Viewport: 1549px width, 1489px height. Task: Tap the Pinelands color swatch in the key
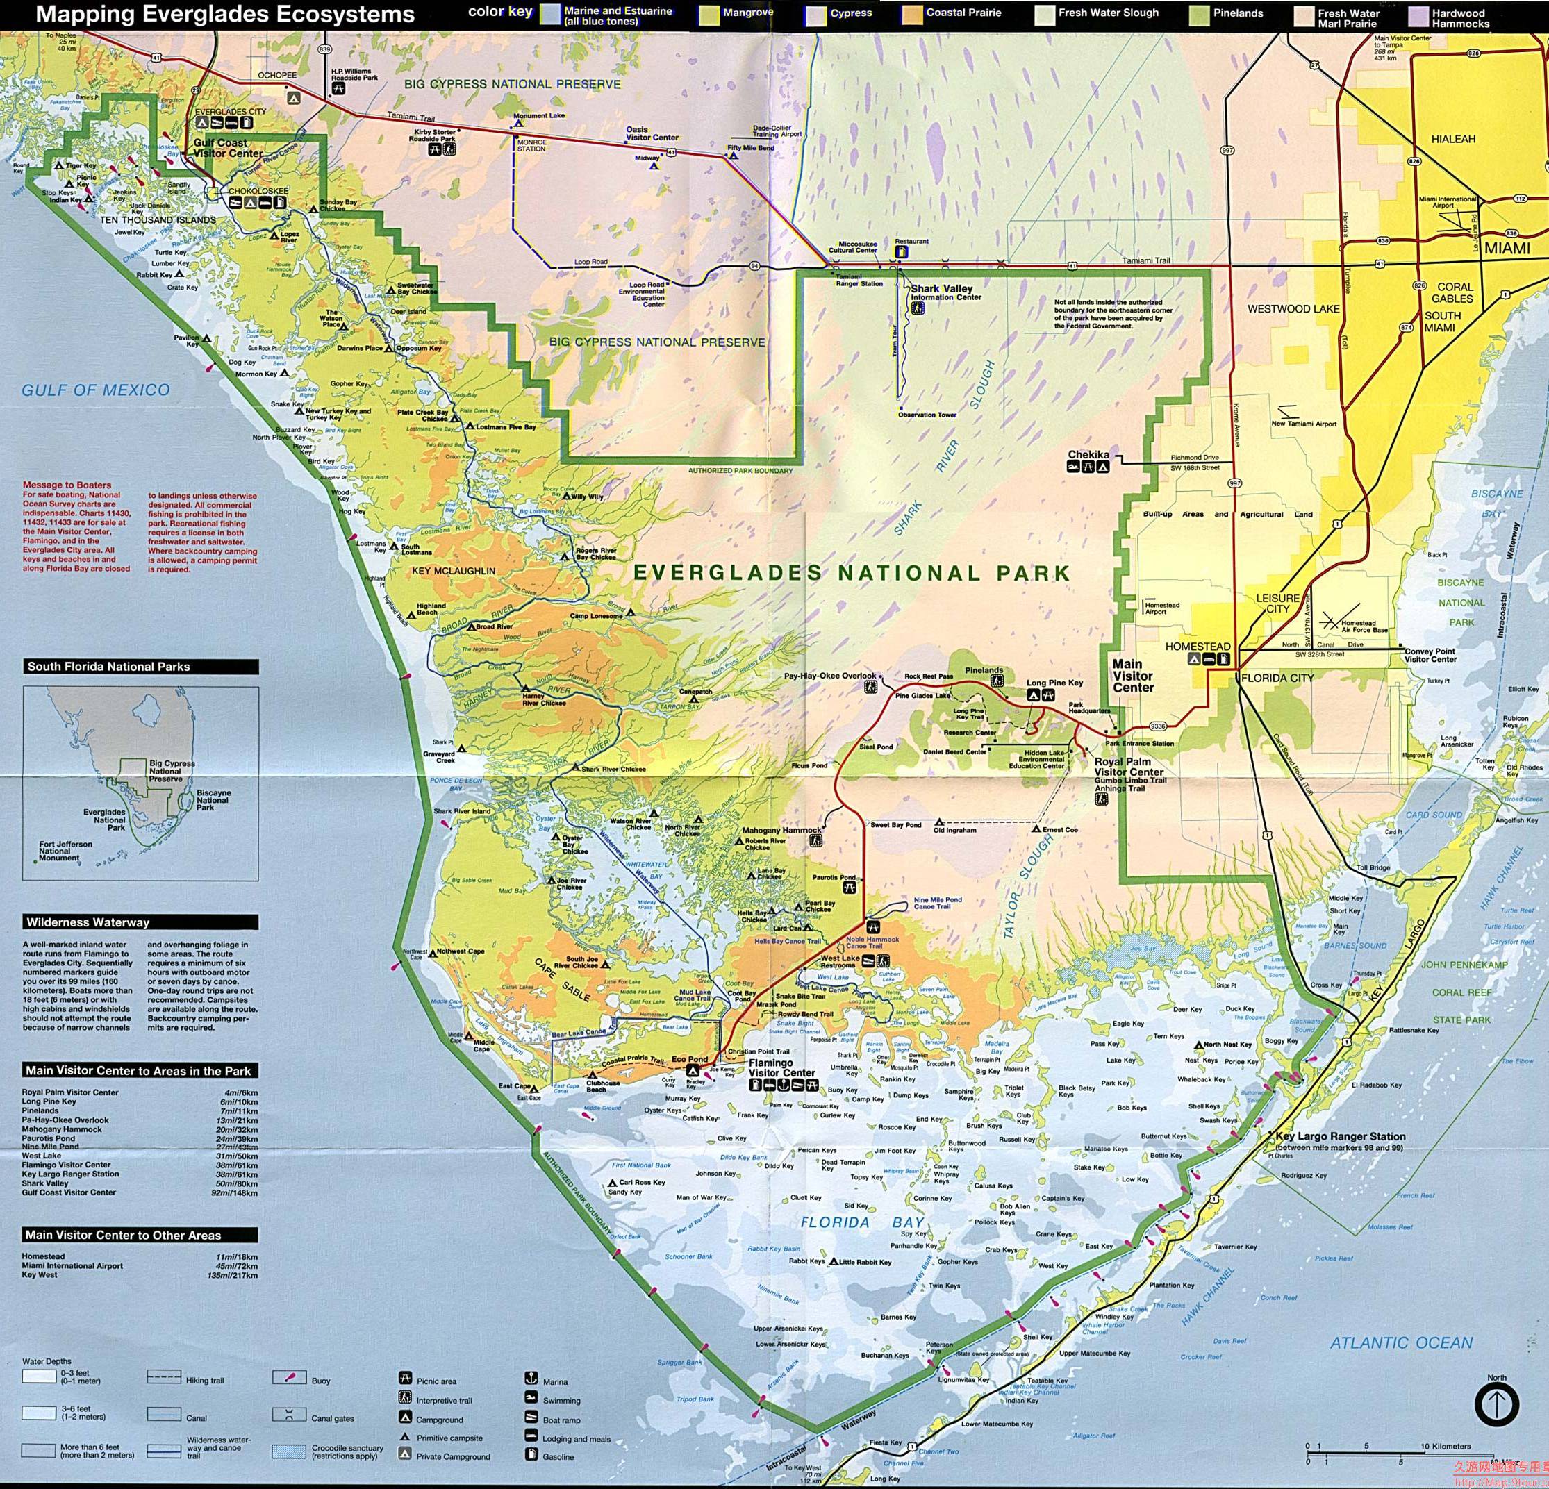coord(1200,15)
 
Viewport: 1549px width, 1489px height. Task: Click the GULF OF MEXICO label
coord(95,390)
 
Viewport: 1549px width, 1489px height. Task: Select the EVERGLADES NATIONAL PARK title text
coord(852,573)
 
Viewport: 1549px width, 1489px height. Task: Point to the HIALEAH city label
coord(1452,139)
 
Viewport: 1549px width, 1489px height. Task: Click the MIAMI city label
coord(1507,248)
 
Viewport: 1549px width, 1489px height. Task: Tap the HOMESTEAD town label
coord(1198,647)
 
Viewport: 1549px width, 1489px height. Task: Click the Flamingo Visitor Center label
coord(781,1067)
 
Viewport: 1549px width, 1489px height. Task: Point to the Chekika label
coord(1088,454)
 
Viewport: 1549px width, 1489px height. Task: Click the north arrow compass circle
coord(1496,1404)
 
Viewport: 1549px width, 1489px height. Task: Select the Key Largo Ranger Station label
coord(1341,1136)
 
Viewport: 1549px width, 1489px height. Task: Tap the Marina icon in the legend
coord(531,1379)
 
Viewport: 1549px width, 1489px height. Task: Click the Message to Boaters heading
coord(67,485)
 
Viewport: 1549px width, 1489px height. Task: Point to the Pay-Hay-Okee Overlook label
coord(830,676)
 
